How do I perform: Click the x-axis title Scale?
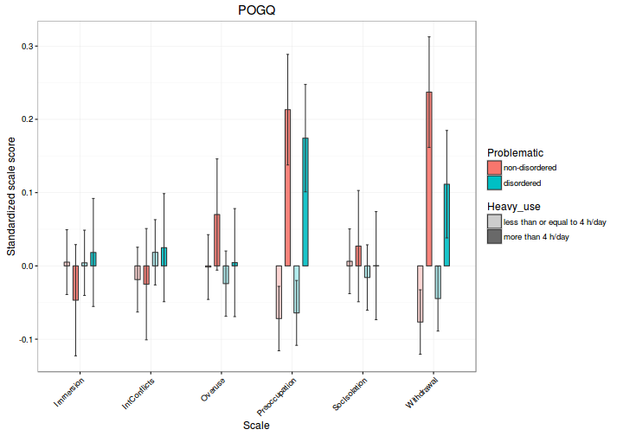[x=256, y=425]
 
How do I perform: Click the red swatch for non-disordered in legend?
[x=494, y=167]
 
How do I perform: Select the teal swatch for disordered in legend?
[x=494, y=183]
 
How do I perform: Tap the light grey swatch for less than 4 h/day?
[x=494, y=221]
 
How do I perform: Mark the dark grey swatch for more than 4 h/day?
[x=494, y=236]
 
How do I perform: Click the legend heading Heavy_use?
[x=518, y=207]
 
